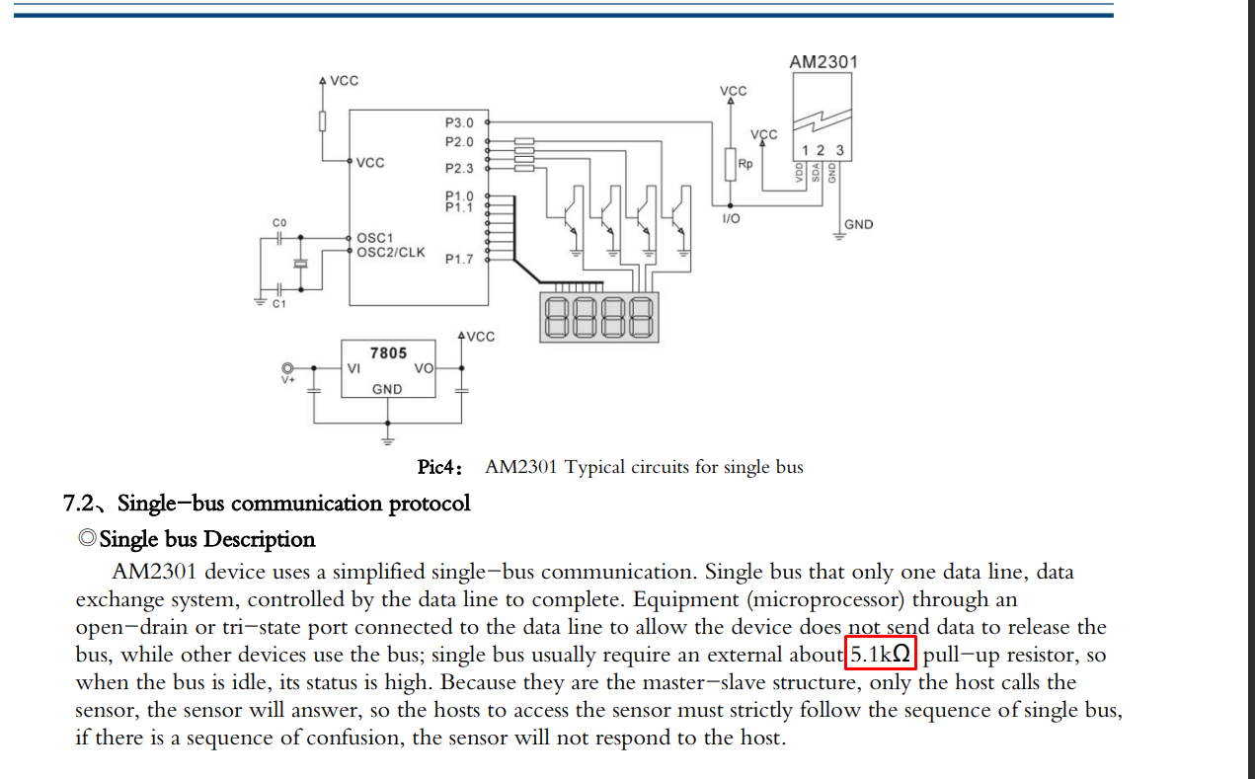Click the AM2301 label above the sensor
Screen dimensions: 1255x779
(824, 61)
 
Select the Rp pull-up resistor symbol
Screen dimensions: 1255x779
(730, 165)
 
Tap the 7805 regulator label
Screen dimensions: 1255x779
(388, 352)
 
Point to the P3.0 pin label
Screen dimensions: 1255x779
(459, 122)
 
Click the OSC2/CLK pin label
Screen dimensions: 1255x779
(391, 253)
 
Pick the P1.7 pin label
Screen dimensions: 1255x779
(459, 260)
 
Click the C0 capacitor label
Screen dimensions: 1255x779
(279, 223)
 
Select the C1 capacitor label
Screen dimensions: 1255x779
(279, 304)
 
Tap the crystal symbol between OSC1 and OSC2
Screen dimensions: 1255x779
(301, 264)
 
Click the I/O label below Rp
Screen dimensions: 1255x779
(731, 218)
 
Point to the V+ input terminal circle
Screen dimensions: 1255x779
(287, 368)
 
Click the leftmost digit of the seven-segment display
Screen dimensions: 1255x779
(556, 317)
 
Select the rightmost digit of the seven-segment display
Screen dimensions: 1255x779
(641, 317)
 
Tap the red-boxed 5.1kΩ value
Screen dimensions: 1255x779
(880, 653)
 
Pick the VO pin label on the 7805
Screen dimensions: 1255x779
(424, 368)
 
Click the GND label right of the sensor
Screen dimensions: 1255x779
(858, 224)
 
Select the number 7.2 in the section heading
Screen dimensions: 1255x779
(78, 503)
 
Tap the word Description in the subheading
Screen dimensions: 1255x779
(259, 539)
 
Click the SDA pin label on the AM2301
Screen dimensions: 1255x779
(816, 173)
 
